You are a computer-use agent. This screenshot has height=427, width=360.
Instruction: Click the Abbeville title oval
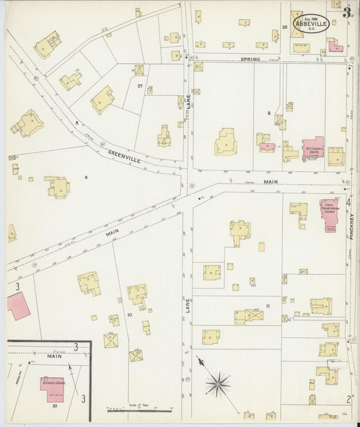tap(311, 23)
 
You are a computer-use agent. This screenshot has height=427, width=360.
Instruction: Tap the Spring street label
tap(250, 60)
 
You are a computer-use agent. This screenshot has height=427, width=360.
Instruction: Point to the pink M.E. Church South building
tap(312, 151)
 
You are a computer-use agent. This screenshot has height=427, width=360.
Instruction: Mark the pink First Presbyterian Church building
tap(329, 214)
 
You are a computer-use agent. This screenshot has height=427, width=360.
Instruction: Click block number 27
tap(140, 86)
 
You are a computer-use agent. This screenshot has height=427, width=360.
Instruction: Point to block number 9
tap(86, 177)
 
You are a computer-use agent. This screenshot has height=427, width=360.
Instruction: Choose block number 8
tap(268, 113)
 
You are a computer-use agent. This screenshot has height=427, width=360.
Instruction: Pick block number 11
tap(268, 306)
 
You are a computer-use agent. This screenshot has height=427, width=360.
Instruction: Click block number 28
tap(284, 26)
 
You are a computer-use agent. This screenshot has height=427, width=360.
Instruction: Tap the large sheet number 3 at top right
tap(346, 12)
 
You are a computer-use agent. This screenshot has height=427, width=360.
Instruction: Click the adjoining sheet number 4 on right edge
tap(349, 202)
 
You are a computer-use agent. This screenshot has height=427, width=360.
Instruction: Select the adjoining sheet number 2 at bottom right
tap(349, 398)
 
